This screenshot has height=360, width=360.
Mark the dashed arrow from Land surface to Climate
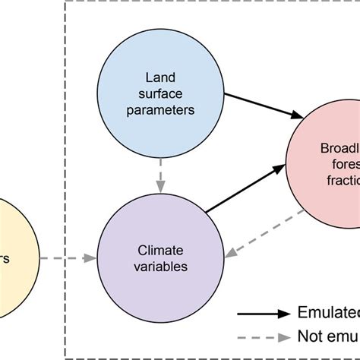tap(159, 175)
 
